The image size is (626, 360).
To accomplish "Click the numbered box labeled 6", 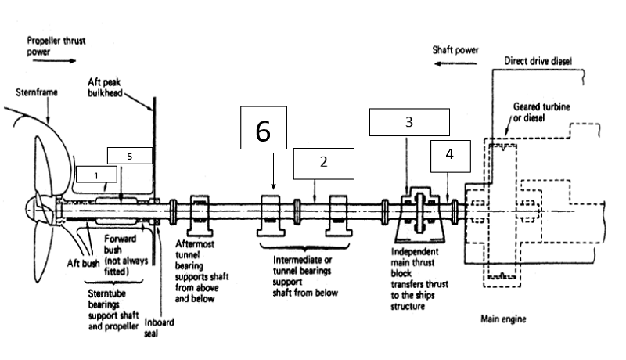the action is (264, 128).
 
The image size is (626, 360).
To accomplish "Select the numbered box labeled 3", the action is (409, 122).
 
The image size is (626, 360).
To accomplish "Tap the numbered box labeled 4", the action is (451, 156).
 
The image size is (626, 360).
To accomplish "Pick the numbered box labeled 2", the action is (324, 164).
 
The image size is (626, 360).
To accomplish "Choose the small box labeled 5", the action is (130, 156).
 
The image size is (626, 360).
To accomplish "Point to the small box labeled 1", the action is (96, 175).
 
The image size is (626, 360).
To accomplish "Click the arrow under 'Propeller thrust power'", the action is (54, 61).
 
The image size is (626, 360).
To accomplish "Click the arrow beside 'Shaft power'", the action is (455, 63).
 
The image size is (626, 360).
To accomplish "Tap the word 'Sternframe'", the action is (37, 92).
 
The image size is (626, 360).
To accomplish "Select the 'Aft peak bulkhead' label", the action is (105, 88).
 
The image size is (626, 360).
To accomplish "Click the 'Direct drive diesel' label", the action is (538, 61).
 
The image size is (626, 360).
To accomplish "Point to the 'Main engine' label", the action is (503, 319).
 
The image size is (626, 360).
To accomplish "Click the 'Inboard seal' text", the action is (159, 328).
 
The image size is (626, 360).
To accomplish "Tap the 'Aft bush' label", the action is (83, 264).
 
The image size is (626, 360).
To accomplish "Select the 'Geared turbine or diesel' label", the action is (541, 112).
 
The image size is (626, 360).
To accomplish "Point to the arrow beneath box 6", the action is (273, 171).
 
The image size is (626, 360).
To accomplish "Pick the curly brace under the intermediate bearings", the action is (304, 247).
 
